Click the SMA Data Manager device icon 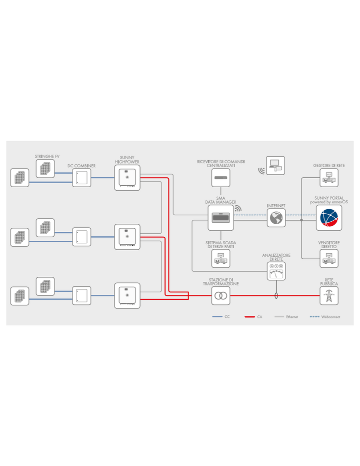coord(220,218)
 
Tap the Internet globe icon coord(276,218)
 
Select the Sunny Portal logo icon coord(329,218)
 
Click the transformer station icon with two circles coord(220,296)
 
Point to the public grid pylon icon coord(329,296)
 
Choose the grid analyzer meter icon coord(276,271)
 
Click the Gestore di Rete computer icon coord(329,178)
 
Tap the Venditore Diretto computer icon coord(329,258)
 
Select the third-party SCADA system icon coord(220,258)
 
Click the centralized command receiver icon coord(220,178)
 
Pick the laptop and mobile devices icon coord(275,166)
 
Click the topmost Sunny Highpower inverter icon coord(127,178)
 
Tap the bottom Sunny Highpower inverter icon coord(127,295)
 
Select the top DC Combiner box coord(81,178)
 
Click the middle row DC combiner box coord(81,237)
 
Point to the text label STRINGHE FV coord(47,156)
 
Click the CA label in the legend coord(259,317)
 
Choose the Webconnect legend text coord(330,317)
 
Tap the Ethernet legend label coord(292,317)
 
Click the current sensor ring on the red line coord(276,296)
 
